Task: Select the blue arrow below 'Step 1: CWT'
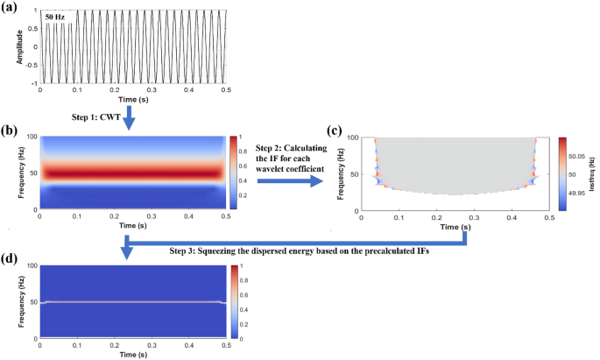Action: coord(128,116)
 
